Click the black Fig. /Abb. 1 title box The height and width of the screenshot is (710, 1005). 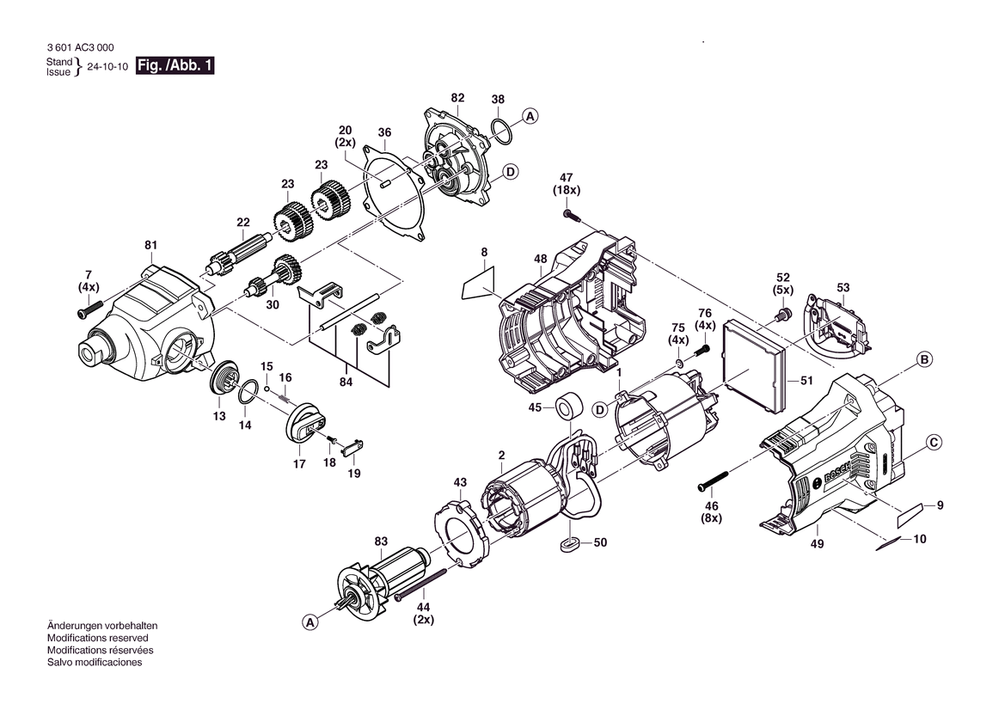tap(175, 65)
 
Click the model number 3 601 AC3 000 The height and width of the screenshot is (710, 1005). tap(81, 48)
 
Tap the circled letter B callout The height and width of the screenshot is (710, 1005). tap(924, 359)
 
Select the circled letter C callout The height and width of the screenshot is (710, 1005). tap(934, 442)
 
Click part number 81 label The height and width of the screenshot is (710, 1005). tap(150, 245)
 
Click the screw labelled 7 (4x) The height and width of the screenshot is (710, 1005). tap(90, 309)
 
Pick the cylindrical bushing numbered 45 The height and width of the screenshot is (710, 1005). tap(568, 407)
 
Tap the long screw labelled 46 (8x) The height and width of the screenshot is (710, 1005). tap(713, 480)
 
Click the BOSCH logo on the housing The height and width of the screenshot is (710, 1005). tap(837, 474)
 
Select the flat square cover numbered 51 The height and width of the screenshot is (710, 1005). tap(754, 367)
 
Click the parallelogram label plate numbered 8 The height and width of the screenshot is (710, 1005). tap(479, 284)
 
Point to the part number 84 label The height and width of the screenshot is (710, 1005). tap(346, 382)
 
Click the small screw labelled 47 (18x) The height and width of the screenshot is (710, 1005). tap(571, 215)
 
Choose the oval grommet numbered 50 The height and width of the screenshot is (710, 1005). tap(569, 544)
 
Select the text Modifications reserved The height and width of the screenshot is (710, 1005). tap(97, 639)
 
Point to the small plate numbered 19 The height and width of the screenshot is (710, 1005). tap(353, 446)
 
